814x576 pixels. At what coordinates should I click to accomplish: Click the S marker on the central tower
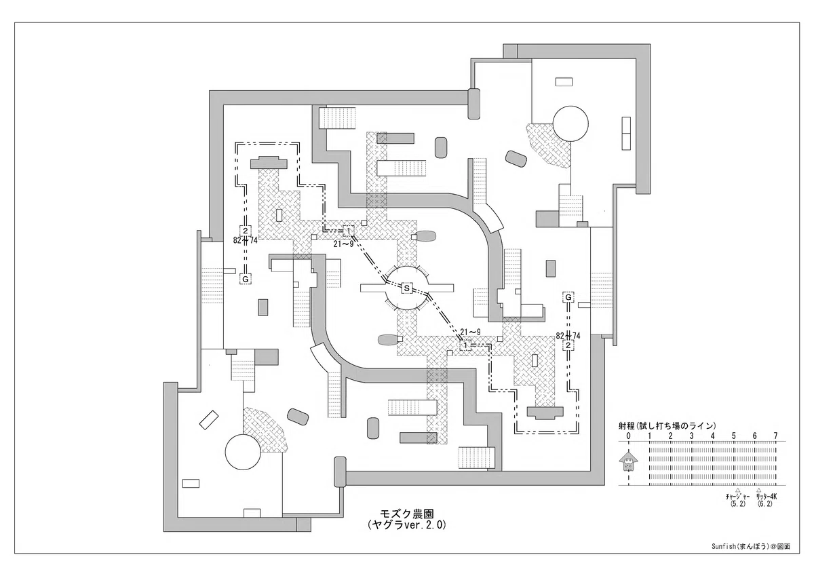(x=406, y=288)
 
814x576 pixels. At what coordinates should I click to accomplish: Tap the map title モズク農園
(x=406, y=514)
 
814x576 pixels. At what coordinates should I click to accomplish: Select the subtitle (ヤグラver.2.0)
(x=406, y=525)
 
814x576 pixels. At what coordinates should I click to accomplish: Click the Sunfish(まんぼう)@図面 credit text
(x=751, y=556)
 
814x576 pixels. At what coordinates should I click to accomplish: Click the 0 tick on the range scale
(x=628, y=436)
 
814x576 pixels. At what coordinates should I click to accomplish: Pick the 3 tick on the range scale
(x=691, y=436)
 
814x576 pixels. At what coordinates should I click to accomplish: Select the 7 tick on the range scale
(x=776, y=436)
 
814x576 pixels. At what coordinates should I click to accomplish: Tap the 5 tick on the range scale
(x=734, y=436)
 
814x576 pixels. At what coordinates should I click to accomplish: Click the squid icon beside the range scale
(x=627, y=462)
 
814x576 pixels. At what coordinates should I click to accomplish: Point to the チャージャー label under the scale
(x=738, y=497)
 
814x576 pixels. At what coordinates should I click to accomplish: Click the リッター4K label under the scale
(x=767, y=497)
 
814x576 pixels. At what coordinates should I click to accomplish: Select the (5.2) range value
(x=738, y=504)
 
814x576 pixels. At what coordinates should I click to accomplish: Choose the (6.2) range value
(x=765, y=504)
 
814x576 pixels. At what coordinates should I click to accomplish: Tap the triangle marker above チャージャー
(x=738, y=491)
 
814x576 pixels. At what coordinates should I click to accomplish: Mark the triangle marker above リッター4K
(x=759, y=491)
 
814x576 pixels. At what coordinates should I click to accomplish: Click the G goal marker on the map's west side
(x=246, y=279)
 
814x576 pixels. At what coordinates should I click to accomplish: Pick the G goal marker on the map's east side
(x=568, y=297)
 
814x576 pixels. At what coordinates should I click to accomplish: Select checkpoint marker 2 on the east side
(x=568, y=345)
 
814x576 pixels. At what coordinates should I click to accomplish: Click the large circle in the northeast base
(x=570, y=123)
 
